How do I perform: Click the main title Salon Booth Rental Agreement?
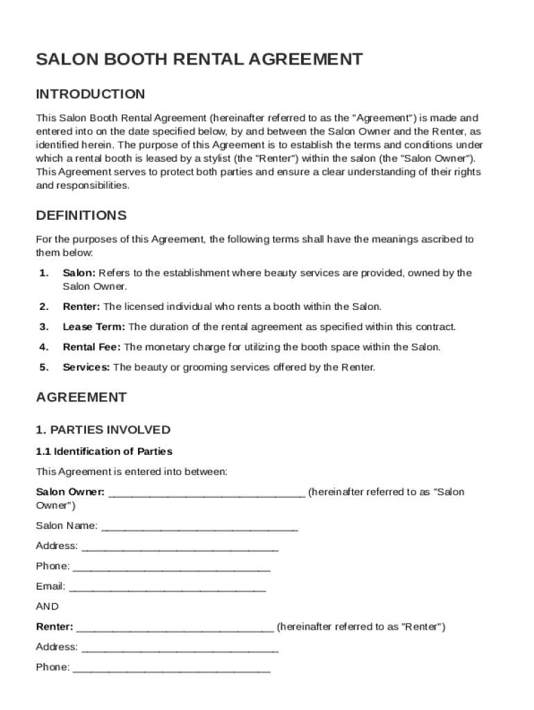(x=199, y=60)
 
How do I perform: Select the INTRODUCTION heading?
(x=90, y=94)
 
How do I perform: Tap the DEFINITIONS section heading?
(x=81, y=216)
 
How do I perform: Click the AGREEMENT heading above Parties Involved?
(x=81, y=397)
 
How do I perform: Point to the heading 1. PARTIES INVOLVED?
(x=103, y=430)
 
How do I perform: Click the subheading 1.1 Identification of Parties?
(x=104, y=451)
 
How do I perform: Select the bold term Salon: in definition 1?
(x=79, y=273)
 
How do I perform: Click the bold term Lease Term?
(x=94, y=327)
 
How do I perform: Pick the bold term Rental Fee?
(x=92, y=347)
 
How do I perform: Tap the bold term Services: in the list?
(x=86, y=367)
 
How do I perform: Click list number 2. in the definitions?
(x=44, y=306)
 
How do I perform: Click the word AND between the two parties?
(x=47, y=607)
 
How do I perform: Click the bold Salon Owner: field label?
(x=70, y=492)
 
